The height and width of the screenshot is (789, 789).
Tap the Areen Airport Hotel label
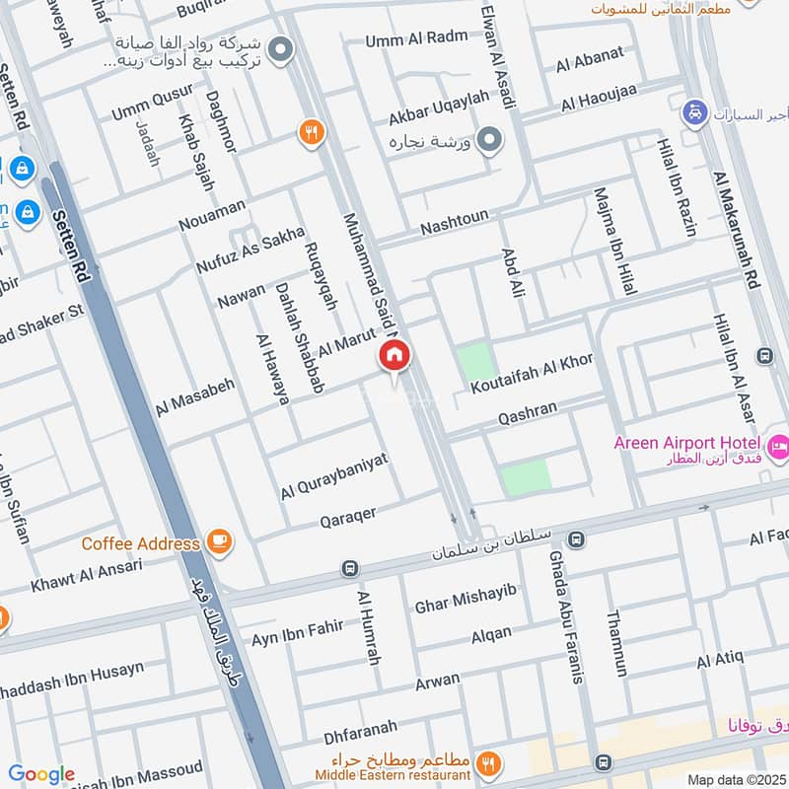685,443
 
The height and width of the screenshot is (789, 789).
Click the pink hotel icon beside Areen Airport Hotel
778,445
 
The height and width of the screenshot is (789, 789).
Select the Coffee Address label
142,543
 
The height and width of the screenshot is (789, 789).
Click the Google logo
41,774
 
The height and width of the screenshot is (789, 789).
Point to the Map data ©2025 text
737,780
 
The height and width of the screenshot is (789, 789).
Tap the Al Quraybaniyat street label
335,475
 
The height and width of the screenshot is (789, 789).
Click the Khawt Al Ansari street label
87,574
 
